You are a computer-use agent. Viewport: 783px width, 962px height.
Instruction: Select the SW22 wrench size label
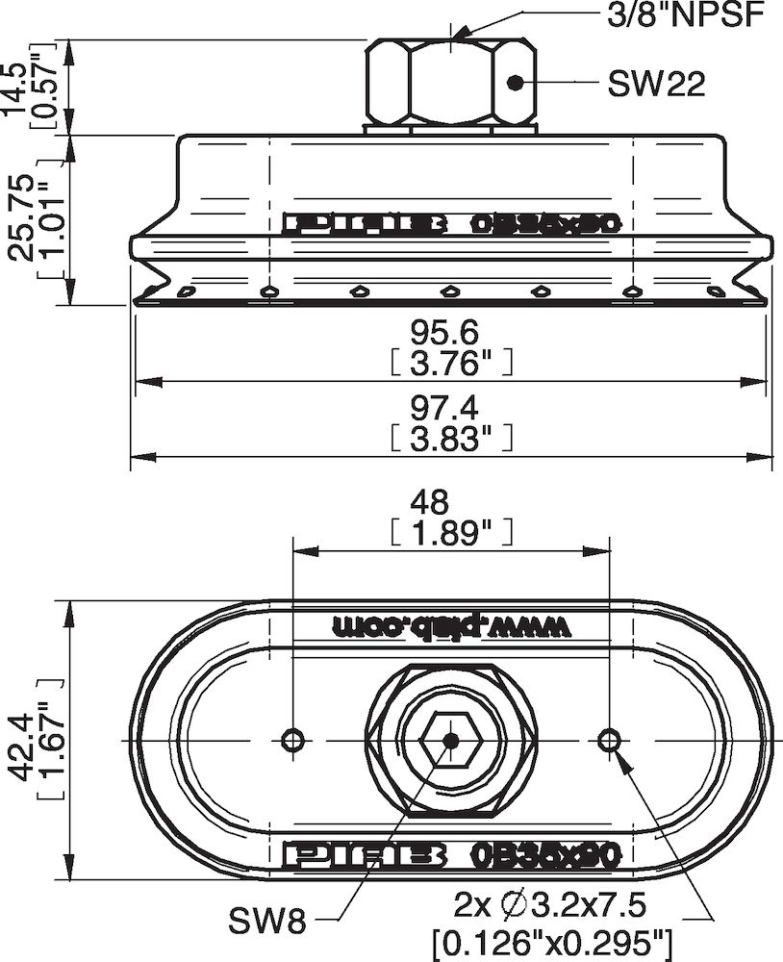point(656,84)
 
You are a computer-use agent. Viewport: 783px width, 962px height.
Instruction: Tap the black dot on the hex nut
point(516,83)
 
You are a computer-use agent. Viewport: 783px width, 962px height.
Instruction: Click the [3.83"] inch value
point(450,439)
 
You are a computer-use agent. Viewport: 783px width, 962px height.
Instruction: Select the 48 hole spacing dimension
point(449,501)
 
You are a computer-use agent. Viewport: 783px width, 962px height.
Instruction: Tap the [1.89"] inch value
point(450,532)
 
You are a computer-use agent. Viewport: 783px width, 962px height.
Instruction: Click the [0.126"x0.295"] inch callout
point(552,939)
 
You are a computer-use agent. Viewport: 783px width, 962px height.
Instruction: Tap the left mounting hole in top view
point(292,739)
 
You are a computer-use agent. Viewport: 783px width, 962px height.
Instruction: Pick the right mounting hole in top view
point(609,739)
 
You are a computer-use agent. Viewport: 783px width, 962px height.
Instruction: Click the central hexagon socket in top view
point(450,740)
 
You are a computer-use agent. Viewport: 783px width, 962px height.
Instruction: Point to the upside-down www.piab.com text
point(451,625)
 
